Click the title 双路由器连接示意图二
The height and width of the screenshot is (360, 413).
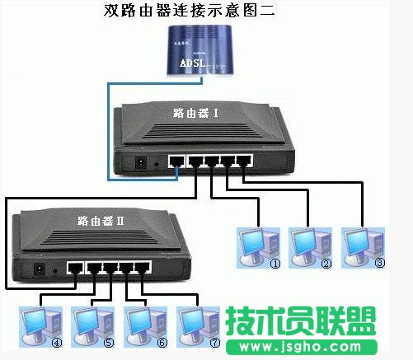tap(207, 12)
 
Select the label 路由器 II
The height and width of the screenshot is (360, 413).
tap(100, 221)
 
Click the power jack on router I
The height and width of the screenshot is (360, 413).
tap(140, 163)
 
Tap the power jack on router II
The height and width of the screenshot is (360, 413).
tap(38, 269)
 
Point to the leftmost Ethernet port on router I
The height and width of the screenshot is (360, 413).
tap(177, 161)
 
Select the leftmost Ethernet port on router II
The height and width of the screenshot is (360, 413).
tap(75, 268)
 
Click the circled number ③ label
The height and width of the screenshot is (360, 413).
tap(380, 264)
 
